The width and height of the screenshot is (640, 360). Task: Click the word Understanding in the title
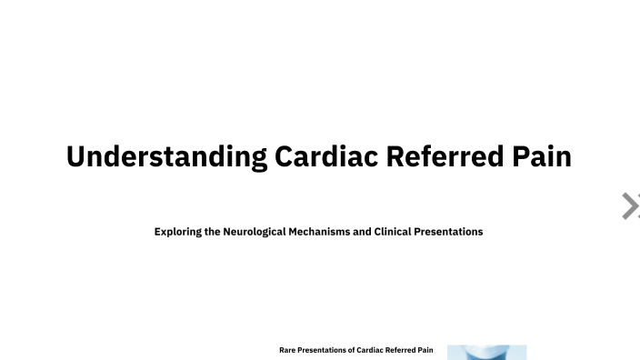point(166,156)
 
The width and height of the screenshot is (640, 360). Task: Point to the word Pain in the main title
point(540,156)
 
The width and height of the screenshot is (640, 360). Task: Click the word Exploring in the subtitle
point(178,232)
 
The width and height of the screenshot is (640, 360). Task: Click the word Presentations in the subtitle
point(453,232)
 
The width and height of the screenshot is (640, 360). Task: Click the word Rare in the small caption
point(288,350)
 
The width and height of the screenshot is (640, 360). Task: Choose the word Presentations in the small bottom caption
point(325,350)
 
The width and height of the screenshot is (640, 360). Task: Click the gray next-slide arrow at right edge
point(629,206)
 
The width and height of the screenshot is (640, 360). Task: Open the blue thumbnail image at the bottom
point(486,352)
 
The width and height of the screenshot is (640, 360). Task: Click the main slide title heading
point(319,156)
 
